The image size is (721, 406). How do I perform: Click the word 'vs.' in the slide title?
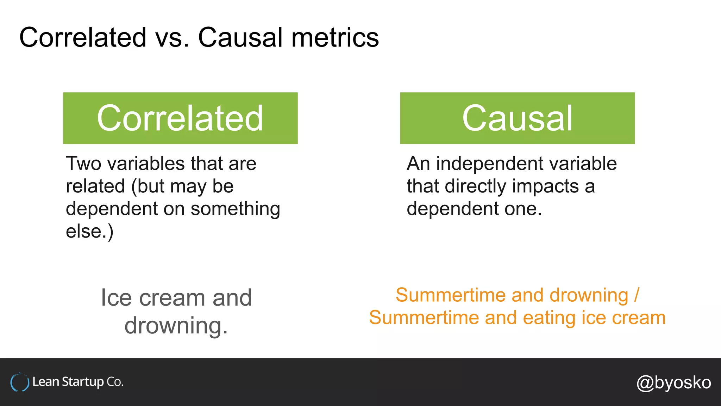tap(172, 38)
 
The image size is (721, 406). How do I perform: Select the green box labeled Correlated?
tap(180, 118)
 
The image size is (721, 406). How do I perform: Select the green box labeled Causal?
tap(517, 118)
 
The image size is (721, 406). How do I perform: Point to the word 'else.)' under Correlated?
tap(90, 232)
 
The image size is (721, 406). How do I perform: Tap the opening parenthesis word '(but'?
tap(148, 186)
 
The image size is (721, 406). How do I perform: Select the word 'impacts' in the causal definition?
tap(545, 186)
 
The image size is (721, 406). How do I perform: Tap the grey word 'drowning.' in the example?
tap(176, 325)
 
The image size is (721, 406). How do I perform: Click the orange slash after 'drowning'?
tap(637, 295)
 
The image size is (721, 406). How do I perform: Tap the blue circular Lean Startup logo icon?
tap(20, 382)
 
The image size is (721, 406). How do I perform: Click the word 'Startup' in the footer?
tap(83, 382)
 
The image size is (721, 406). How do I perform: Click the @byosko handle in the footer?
tap(673, 383)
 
